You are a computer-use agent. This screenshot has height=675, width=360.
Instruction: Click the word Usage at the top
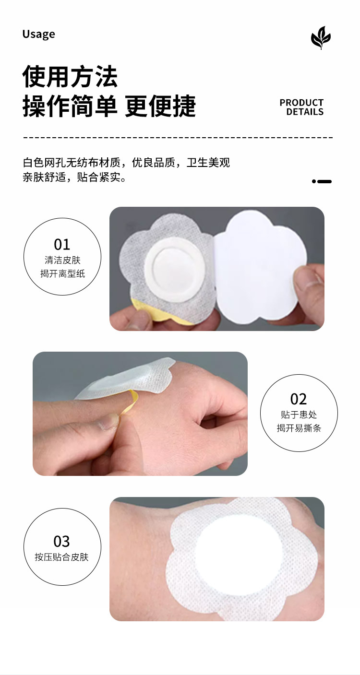point(38,35)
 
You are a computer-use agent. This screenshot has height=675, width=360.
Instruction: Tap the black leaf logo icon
point(321,38)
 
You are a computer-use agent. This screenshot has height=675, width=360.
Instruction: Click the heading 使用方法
point(70,77)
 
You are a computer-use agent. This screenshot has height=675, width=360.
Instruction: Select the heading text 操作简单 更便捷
point(109,106)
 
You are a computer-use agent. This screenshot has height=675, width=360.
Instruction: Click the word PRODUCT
point(301,103)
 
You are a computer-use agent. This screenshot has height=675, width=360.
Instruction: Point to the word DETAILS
point(305,112)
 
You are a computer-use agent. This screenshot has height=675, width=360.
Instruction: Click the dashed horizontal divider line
point(178,137)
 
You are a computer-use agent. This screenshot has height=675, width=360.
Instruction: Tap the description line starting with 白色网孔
point(126,163)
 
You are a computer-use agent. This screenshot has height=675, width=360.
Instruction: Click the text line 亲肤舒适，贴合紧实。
point(74,177)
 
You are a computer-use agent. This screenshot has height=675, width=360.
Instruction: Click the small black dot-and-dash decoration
point(322,181)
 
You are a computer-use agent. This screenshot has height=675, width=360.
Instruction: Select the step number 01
point(62,244)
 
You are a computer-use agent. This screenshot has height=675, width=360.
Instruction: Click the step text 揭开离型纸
point(63,273)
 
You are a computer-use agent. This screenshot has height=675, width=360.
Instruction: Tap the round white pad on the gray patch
point(173,266)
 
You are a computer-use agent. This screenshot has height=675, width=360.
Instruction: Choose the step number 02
point(299,399)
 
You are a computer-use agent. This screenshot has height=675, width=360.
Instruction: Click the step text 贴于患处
point(299,414)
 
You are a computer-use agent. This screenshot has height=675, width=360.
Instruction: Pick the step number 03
point(62,542)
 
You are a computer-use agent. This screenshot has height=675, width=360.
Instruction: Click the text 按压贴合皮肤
point(62,557)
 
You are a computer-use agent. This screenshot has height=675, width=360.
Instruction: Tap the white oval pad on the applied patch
point(240,560)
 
